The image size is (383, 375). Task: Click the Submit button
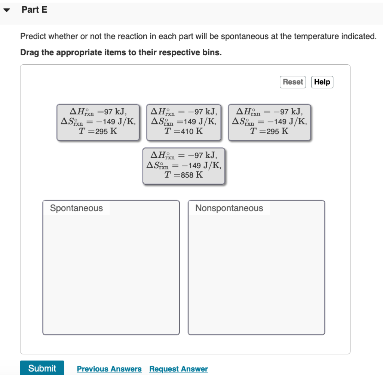[x=42, y=368]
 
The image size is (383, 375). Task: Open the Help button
[x=322, y=82]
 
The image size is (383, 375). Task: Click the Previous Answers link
[x=109, y=369]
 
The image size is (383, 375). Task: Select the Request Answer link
[x=178, y=369]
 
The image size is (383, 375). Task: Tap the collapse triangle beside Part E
[x=7, y=10]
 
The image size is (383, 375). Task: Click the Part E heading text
[x=34, y=10]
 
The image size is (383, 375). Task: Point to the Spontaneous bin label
[x=76, y=208]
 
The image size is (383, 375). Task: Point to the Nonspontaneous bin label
[x=229, y=208]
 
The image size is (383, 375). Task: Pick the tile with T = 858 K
[x=184, y=166]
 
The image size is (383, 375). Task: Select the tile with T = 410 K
[x=184, y=122]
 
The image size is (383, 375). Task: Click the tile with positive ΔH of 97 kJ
[x=98, y=122]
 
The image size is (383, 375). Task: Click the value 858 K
[x=191, y=175]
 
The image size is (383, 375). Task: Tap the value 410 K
[x=191, y=131]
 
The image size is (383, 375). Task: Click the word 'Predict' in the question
[x=33, y=37]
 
